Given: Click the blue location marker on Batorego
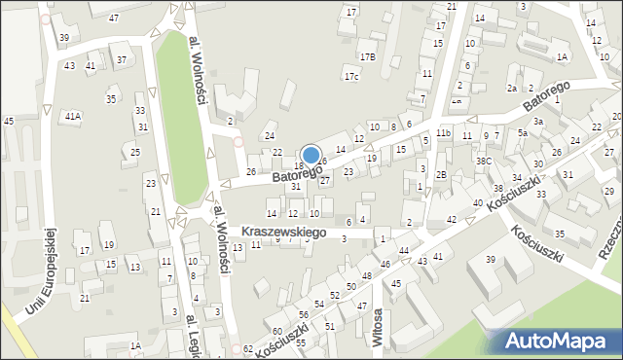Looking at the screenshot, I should [311, 155].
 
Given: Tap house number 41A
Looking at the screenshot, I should [72, 116].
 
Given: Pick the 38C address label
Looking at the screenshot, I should [484, 161].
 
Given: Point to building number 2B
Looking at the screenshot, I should [441, 175].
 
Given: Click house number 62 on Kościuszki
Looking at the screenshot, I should [248, 348].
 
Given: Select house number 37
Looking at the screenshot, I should [121, 60].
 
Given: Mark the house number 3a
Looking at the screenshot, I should [537, 121].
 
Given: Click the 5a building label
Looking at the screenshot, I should [522, 133].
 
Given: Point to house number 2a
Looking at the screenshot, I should [512, 89].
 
